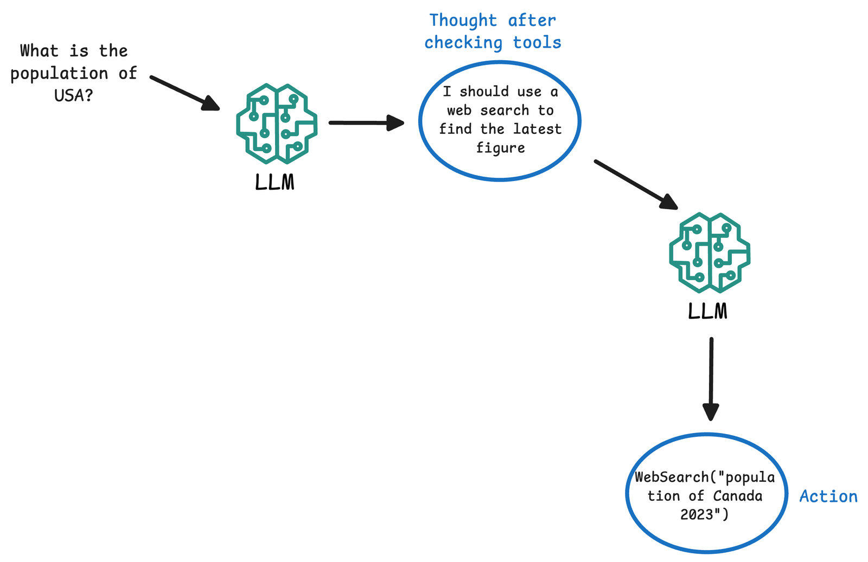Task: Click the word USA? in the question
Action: pyautogui.click(x=74, y=96)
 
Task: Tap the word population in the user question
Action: pyautogui.click(x=59, y=74)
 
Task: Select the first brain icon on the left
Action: pyautogui.click(x=277, y=124)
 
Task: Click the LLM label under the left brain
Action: pyautogui.click(x=275, y=183)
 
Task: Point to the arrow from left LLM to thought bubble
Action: pyautogui.click(x=366, y=123)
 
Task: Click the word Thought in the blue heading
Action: pyautogui.click(x=463, y=21)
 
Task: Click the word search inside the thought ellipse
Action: pyautogui.click(x=505, y=111)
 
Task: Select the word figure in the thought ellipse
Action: pyautogui.click(x=500, y=148)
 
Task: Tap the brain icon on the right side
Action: pyautogui.click(x=710, y=253)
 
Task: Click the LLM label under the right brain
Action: pyautogui.click(x=707, y=312)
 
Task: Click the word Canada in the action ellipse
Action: pyautogui.click(x=738, y=496)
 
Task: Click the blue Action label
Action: pyautogui.click(x=828, y=496)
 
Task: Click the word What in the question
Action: pyautogui.click(x=39, y=51)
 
